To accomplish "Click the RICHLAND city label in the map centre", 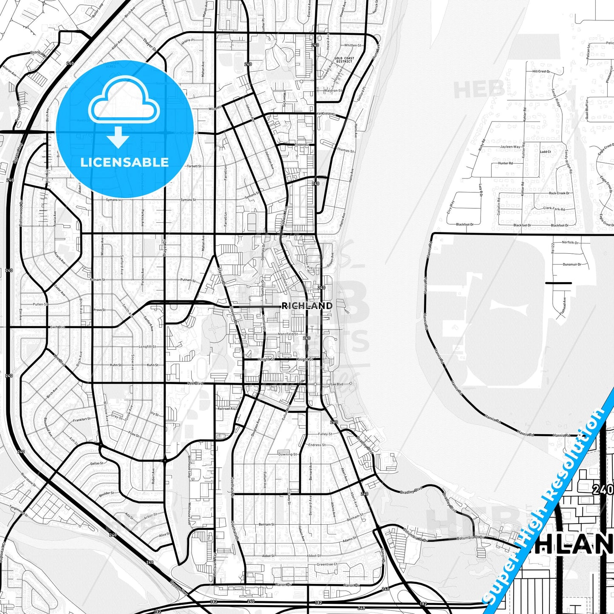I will pos(307,306).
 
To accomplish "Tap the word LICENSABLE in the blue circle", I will pos(124,162).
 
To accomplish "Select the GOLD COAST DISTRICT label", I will pos(344,60).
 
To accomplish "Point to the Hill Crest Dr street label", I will pos(541,71).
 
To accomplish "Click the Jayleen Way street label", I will pos(510,147).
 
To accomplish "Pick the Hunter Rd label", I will pos(505,163).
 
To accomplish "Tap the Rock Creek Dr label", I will pos(559,193).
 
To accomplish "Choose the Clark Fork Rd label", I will pos(554,209).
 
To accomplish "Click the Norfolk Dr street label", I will pos(570,243).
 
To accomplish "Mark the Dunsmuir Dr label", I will pos(572,264).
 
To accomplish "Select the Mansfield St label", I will pos(288,334).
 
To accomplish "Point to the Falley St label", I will pos(325,434).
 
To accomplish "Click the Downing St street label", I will pos(288,454).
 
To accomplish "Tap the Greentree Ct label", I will pos(327,565).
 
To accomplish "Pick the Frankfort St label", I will pos(82,419).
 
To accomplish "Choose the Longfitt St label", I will pos(147,347).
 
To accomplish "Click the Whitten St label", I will pos(353,45).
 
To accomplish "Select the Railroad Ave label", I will pos(226,409).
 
